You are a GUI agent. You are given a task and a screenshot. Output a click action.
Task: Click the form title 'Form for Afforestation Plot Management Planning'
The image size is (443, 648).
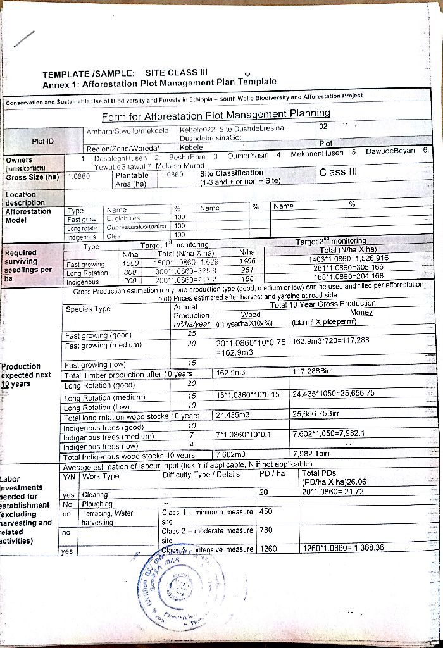click(x=216, y=115)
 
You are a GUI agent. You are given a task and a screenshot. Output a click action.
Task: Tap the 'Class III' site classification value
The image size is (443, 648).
click(x=339, y=172)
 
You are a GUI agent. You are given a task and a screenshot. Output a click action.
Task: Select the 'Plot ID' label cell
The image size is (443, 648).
click(x=43, y=140)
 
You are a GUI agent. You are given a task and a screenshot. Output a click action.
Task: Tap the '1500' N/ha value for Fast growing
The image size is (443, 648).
click(x=130, y=262)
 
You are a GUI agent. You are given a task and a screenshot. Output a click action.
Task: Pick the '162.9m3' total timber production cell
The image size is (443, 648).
click(x=230, y=373)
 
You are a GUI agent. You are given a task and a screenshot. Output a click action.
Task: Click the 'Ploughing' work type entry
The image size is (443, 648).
click(x=97, y=504)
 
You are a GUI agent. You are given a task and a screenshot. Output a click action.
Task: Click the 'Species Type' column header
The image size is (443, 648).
click(x=88, y=309)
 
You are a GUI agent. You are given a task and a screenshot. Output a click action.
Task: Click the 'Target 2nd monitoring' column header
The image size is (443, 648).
click(x=330, y=241)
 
